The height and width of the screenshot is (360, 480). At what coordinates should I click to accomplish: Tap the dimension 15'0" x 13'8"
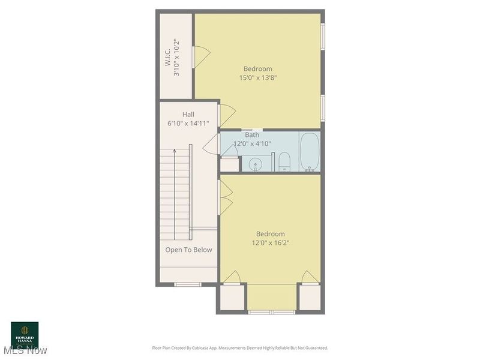pyautogui.click(x=257, y=77)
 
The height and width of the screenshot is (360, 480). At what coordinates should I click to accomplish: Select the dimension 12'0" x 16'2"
pyautogui.click(x=271, y=243)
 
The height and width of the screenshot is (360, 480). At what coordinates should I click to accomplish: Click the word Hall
pyautogui.click(x=188, y=115)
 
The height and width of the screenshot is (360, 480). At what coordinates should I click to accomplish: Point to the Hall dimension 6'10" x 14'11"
pyautogui.click(x=188, y=124)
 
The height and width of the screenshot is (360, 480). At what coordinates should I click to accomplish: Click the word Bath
pyautogui.click(x=252, y=135)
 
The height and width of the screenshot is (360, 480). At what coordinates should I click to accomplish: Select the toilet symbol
pyautogui.click(x=284, y=161)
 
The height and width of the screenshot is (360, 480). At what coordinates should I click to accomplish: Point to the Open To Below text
pyautogui.click(x=188, y=250)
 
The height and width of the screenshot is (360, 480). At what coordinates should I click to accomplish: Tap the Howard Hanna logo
pyautogui.click(x=25, y=334)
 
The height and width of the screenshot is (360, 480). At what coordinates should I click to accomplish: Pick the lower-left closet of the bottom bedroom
pyautogui.click(x=232, y=297)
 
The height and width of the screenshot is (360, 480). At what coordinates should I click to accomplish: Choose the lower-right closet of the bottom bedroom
pyautogui.click(x=310, y=297)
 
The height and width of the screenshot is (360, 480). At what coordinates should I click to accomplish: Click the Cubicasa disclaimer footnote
pyautogui.click(x=240, y=348)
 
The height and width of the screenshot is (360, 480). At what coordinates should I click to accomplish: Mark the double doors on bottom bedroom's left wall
pyautogui.click(x=224, y=197)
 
